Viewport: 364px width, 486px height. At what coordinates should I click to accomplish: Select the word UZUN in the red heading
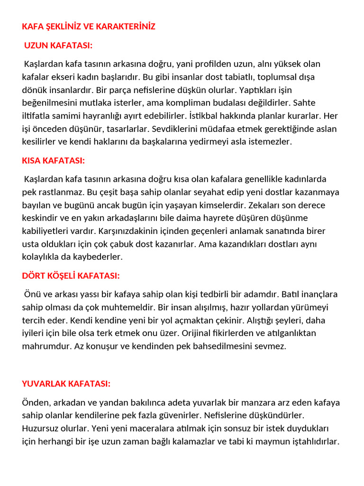(x=36, y=46)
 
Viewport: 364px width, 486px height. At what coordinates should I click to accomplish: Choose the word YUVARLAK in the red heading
(x=44, y=383)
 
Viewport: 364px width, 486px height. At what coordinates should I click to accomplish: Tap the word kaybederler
(x=100, y=257)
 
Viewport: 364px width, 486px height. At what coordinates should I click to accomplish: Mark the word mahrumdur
(x=46, y=346)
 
